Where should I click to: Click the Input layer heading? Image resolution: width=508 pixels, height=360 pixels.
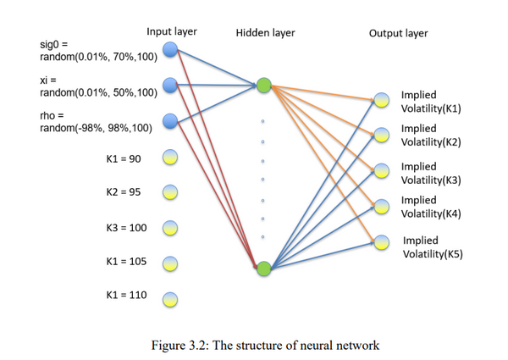point(172,31)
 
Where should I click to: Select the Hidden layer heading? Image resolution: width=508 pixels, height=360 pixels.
point(266,33)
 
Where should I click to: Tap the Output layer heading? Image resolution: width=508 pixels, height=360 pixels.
point(398,33)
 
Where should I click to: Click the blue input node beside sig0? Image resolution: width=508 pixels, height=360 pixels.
point(170,51)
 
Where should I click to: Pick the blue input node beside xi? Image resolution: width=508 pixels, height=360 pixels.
point(170,85)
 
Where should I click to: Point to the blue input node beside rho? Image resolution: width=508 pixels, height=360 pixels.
point(170,120)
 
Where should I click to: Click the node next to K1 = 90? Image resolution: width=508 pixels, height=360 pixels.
point(170,157)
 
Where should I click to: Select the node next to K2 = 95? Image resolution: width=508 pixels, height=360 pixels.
point(170,191)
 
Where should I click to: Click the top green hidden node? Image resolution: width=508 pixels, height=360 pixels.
point(264,85)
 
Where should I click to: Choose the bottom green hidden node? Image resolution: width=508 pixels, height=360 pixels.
point(264,269)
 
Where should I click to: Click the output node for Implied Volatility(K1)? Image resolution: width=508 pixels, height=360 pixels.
point(383,100)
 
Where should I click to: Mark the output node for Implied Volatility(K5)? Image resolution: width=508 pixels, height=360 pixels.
point(383,241)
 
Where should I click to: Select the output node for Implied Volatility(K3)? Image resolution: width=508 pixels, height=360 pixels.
point(383,170)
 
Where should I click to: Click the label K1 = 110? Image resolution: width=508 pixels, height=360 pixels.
point(124,298)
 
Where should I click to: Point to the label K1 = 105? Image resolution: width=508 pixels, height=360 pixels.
point(124,263)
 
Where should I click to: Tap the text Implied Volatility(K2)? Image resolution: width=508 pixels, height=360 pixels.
point(430,136)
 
